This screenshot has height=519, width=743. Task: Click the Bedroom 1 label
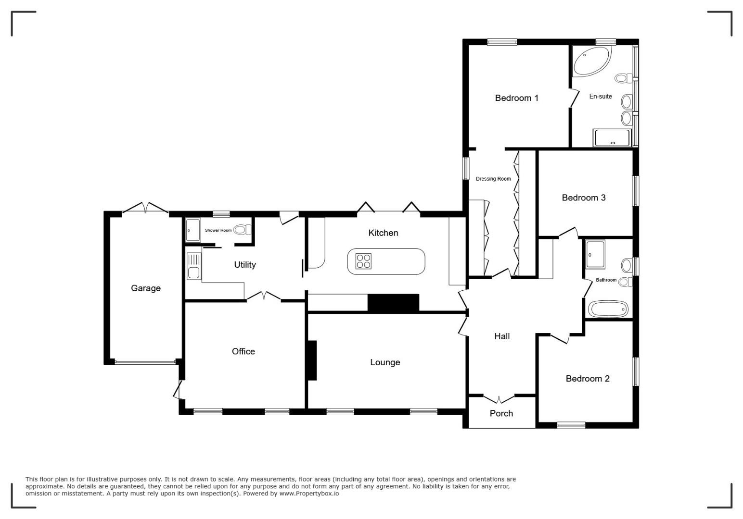tap(516, 98)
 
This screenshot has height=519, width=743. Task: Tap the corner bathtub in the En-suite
tap(592, 62)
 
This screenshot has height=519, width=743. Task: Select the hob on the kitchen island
tap(363, 261)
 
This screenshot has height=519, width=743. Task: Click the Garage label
tap(146, 288)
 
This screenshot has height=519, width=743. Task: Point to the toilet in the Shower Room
tap(243, 230)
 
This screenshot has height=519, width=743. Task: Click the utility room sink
tap(194, 266)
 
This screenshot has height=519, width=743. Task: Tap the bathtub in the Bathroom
tap(608, 309)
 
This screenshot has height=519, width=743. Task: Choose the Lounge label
tap(385, 362)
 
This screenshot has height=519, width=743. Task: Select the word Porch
tap(501, 413)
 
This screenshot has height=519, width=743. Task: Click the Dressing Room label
tap(493, 179)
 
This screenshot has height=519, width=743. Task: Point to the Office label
tap(243, 351)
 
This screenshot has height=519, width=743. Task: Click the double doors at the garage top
tap(145, 208)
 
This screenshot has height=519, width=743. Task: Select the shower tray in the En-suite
tap(612, 138)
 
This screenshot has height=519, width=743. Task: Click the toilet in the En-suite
tap(624, 78)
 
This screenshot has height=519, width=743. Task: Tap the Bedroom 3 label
tap(584, 198)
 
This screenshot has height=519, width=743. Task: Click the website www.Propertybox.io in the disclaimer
tap(309, 493)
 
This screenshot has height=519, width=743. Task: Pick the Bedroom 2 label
tap(588, 379)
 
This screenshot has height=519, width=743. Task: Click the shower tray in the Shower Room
tap(192, 230)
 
